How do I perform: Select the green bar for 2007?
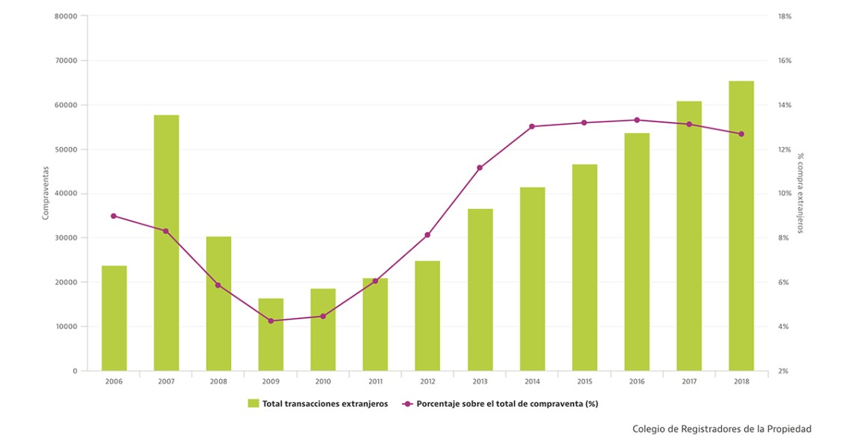pyautogui.click(x=166, y=243)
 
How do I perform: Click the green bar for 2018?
pyautogui.click(x=741, y=225)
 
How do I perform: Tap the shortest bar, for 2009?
pyautogui.click(x=271, y=334)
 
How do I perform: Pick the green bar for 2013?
pyautogui.click(x=480, y=290)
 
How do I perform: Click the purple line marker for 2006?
pyautogui.click(x=114, y=216)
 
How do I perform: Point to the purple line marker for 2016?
pyautogui.click(x=637, y=120)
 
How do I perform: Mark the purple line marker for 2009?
pyautogui.click(x=271, y=321)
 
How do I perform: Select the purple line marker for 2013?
pyautogui.click(x=480, y=168)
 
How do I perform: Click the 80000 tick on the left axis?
pyautogui.click(x=66, y=16)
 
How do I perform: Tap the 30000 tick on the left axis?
pyautogui.click(x=66, y=238)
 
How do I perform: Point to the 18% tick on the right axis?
pyautogui.click(x=784, y=16)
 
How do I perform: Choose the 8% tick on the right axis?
pyautogui.click(x=782, y=238)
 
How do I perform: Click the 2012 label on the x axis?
pyautogui.click(x=427, y=381)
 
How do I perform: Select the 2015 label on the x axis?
pyautogui.click(x=584, y=381)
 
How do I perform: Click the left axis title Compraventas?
pyautogui.click(x=46, y=193)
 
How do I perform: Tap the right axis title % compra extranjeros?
pyautogui.click(x=800, y=193)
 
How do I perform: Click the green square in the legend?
pyautogui.click(x=253, y=404)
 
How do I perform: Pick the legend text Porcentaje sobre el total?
pyautogui.click(x=507, y=404)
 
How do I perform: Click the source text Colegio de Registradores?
pyautogui.click(x=721, y=429)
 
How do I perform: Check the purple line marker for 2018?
pyautogui.click(x=741, y=134)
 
